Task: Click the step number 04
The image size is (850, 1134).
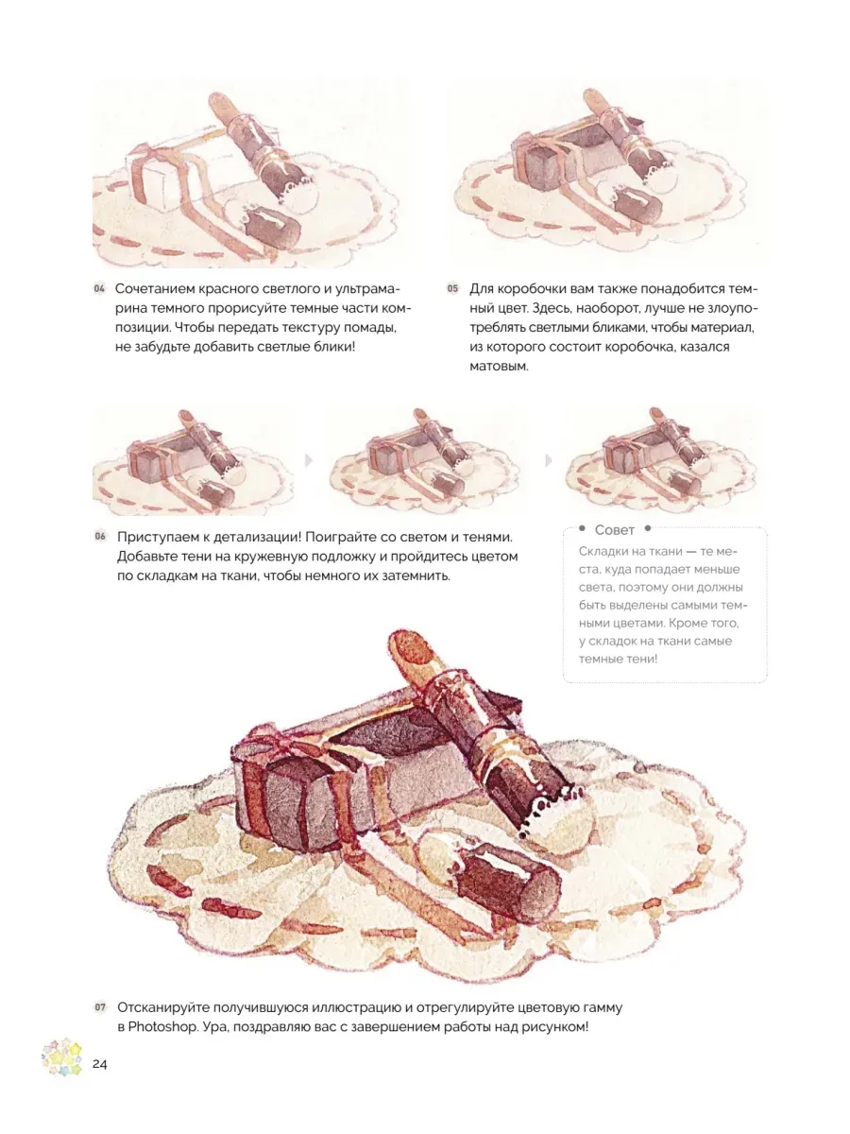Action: (x=98, y=288)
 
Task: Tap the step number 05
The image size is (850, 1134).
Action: (x=452, y=288)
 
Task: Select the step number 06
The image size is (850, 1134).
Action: (x=99, y=536)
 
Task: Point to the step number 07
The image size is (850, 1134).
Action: (x=100, y=1007)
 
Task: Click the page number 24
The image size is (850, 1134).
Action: (x=99, y=1064)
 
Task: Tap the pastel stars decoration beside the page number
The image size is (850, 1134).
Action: (x=62, y=1057)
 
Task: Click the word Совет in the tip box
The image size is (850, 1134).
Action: (x=614, y=530)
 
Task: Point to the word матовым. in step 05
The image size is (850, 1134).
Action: (x=499, y=367)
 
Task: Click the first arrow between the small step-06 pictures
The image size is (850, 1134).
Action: (x=309, y=460)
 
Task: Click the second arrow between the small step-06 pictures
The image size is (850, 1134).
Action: (x=548, y=460)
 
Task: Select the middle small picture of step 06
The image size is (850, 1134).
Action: (x=425, y=460)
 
